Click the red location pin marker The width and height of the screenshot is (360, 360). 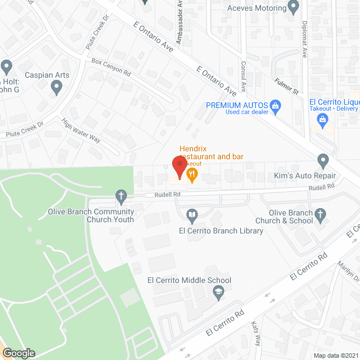tap(179, 167)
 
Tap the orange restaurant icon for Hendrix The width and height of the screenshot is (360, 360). tap(192, 175)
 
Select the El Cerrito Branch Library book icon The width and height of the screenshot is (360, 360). tap(192, 215)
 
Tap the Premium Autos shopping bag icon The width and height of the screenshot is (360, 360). tap(276, 105)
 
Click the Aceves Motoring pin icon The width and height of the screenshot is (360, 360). tap(292, 6)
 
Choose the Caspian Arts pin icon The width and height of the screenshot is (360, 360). tap(56, 87)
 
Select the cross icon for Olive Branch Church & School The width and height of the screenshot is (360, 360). tap(320, 214)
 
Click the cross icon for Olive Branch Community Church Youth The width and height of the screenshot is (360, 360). tap(120, 196)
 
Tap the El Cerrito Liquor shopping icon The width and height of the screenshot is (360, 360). tap(322, 119)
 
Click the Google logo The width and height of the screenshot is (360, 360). tap(18, 353)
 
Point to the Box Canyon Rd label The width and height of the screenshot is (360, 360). tap(111, 67)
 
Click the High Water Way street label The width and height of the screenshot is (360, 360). tap(81, 130)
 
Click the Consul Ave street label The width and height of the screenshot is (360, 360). tap(244, 76)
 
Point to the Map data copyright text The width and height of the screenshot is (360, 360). tap(336, 355)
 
